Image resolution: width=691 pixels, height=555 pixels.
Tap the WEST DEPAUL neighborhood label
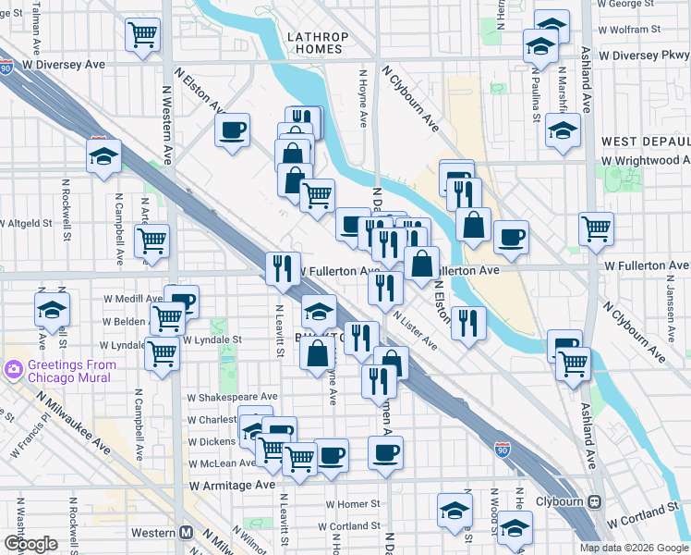[645, 142]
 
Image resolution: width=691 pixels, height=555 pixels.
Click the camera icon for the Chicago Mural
[14, 370]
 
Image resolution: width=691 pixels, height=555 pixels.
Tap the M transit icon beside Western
[186, 532]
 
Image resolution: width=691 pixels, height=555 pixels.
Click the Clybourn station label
[556, 501]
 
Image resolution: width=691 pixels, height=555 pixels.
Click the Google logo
[30, 544]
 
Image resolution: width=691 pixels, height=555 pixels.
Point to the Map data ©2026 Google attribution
[633, 548]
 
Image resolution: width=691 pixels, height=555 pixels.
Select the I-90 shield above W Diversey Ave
[7, 67]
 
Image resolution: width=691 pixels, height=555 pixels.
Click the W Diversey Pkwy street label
[643, 55]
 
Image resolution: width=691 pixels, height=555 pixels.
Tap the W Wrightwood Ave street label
[645, 160]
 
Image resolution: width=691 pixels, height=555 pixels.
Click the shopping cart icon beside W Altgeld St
[152, 240]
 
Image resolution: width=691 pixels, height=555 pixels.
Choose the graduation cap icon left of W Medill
[52, 309]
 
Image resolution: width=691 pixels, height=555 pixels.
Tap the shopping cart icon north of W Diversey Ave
[143, 36]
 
